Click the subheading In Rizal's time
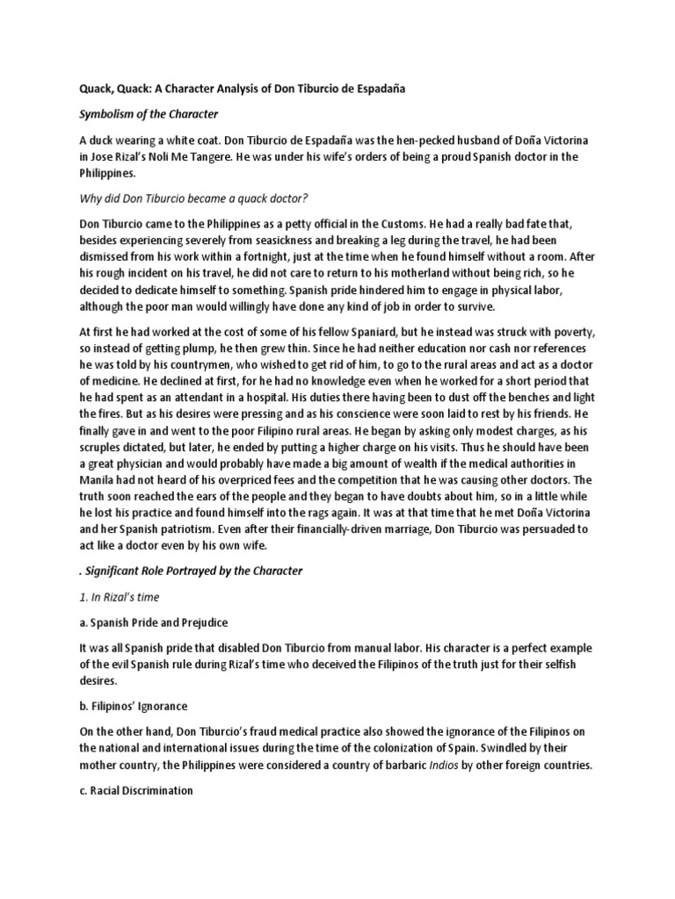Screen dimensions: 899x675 coord(128,597)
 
